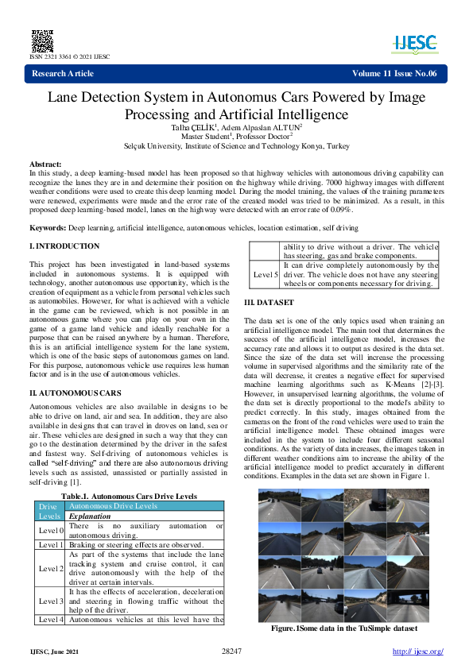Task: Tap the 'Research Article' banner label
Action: tap(62, 74)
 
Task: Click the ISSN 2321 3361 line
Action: tap(70, 57)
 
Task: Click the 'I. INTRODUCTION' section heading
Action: tap(64, 246)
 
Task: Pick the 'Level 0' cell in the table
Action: tap(51, 530)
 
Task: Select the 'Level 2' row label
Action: tap(51, 569)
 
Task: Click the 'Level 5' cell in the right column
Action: tap(266, 275)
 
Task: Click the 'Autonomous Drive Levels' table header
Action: tap(113, 505)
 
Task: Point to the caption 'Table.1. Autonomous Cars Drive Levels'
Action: tap(129, 496)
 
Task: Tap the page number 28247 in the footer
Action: tap(231, 652)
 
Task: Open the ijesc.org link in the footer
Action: tap(418, 652)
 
